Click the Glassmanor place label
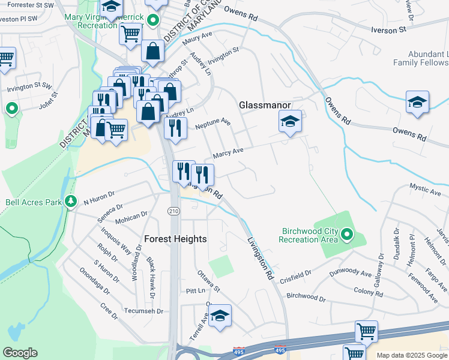[265, 104]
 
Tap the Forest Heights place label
[175, 239]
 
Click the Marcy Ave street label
[228, 153]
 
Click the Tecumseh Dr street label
[143, 311]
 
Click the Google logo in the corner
[20, 353]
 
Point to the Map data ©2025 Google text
[412, 355]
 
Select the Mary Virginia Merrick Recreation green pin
[153, 20]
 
